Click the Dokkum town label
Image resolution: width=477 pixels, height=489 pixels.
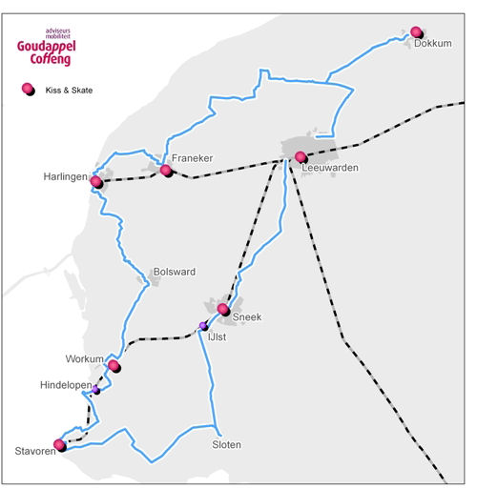tap(432, 43)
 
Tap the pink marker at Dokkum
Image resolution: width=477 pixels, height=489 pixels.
tap(416, 31)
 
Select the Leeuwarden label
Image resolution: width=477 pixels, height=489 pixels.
tap(330, 168)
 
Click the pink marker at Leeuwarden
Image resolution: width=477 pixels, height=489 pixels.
tap(301, 157)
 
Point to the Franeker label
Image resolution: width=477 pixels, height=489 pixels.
tap(192, 158)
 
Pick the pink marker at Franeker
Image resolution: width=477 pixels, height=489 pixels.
tap(166, 171)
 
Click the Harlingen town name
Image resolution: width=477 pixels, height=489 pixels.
tap(65, 176)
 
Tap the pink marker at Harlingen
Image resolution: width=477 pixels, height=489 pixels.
tap(96, 182)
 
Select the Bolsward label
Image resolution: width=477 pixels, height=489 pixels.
tap(175, 272)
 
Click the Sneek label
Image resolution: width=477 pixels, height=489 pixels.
tap(247, 316)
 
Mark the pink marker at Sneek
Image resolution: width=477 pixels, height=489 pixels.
tap(223, 309)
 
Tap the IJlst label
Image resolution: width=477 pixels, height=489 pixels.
tap(217, 336)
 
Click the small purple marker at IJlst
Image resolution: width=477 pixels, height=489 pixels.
tap(203, 326)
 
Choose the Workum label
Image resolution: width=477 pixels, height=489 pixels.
tap(84, 359)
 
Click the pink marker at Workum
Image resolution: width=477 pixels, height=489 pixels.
tap(114, 365)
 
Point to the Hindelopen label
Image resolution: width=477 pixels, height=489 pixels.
tap(66, 385)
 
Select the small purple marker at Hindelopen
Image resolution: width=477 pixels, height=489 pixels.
tap(95, 389)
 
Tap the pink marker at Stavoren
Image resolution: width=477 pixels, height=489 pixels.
tap(59, 445)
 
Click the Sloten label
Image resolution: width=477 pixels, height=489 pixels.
tap(226, 444)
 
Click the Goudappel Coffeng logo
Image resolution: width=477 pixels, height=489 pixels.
tap(47, 47)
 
